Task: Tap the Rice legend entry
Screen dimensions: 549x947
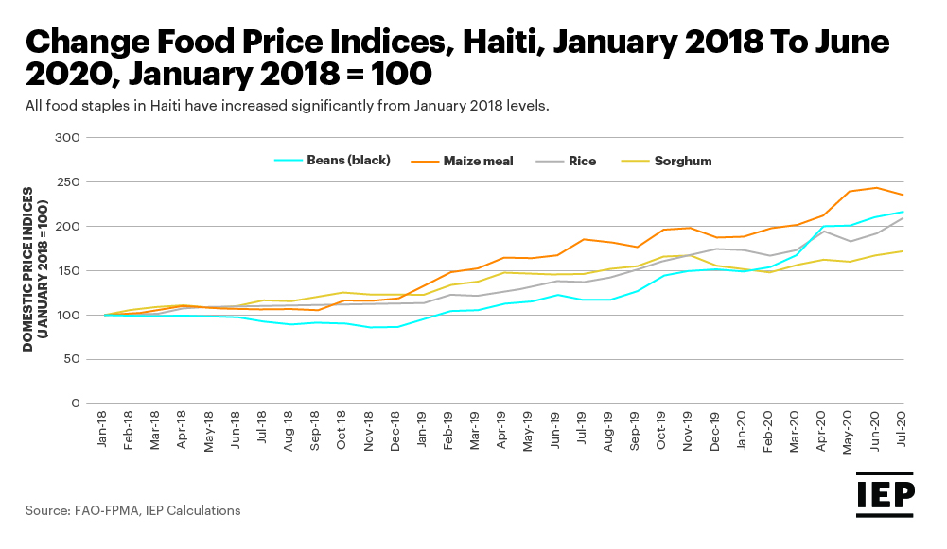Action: click(582, 161)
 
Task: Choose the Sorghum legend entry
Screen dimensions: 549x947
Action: click(682, 161)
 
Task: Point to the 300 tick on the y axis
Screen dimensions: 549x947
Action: click(67, 138)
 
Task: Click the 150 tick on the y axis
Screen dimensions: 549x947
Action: click(67, 271)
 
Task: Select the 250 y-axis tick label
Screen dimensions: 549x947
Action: click(67, 182)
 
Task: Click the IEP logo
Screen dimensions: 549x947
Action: click(886, 496)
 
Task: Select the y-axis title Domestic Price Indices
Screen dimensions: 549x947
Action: click(34, 269)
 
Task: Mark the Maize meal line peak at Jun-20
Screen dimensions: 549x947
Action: click(876, 187)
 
